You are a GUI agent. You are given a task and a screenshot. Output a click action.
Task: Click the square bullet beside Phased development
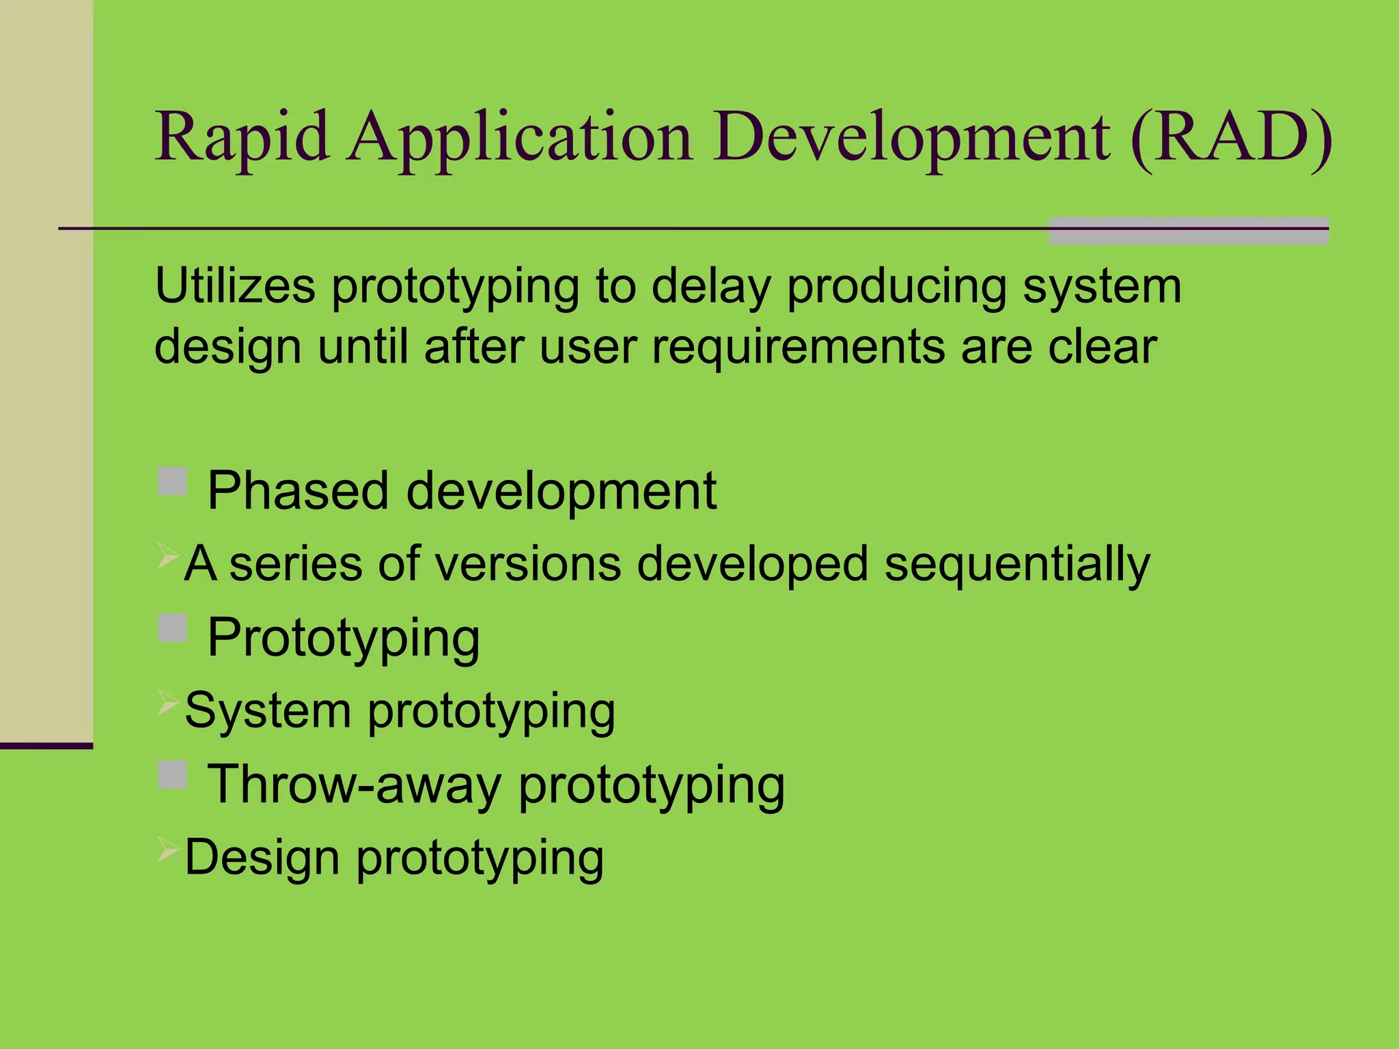point(172,481)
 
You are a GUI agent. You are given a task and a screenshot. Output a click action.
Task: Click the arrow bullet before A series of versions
point(168,555)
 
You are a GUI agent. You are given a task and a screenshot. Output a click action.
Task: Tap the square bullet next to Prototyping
point(172,628)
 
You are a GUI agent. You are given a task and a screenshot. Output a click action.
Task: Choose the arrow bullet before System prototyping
point(168,701)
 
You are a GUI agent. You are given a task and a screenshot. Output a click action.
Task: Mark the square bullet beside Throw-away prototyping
point(172,774)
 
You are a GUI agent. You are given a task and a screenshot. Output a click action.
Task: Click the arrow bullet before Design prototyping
point(168,848)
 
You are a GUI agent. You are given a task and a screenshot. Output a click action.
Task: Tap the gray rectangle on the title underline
point(1188,231)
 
